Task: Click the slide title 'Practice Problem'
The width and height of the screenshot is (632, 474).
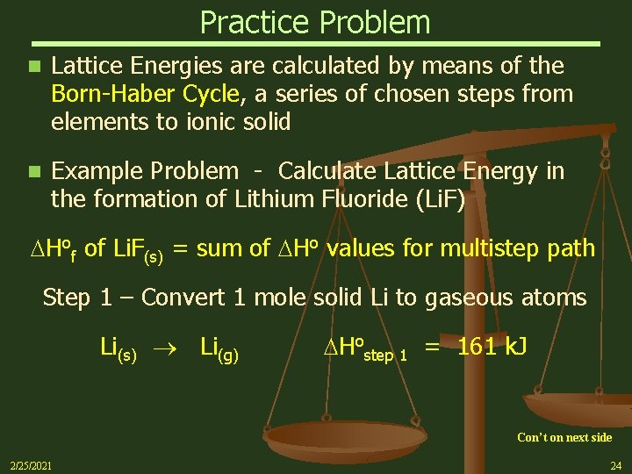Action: pyautogui.click(x=315, y=22)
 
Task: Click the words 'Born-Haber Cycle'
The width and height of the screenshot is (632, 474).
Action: pyautogui.click(x=145, y=94)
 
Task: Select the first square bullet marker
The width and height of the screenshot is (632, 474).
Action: pyautogui.click(x=33, y=66)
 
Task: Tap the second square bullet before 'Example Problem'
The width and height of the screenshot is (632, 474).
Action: pyautogui.click(x=33, y=171)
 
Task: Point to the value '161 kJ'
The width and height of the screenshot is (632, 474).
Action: pyautogui.click(x=492, y=347)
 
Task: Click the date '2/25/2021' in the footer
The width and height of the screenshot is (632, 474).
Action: pyautogui.click(x=30, y=465)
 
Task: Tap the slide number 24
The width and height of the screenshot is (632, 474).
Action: pyautogui.click(x=615, y=465)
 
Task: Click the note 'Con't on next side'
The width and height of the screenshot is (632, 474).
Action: pyautogui.click(x=564, y=437)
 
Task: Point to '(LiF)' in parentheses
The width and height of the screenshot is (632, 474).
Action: pyautogui.click(x=442, y=199)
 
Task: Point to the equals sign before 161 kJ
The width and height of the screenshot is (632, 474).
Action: pyautogui.click(x=433, y=348)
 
